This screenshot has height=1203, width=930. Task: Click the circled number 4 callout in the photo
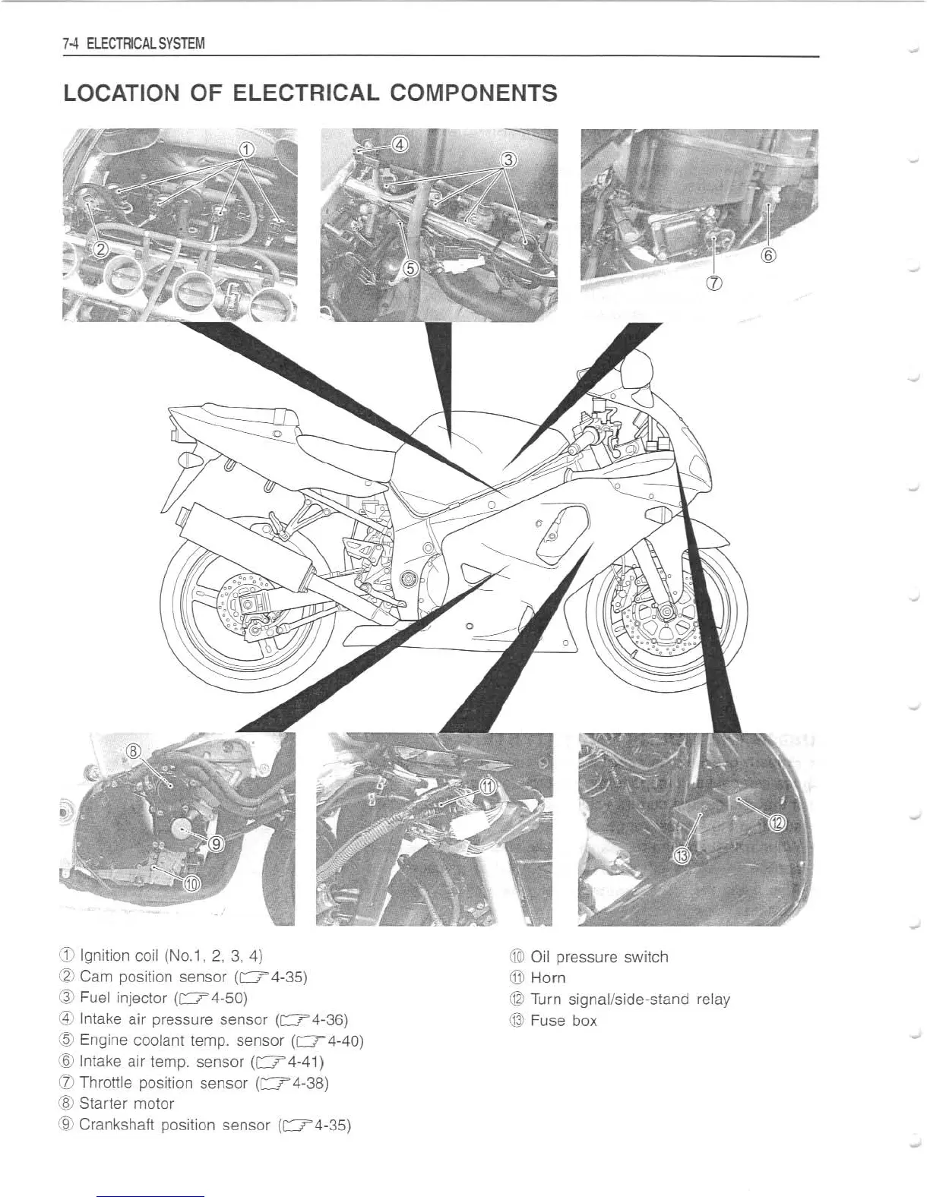click(400, 144)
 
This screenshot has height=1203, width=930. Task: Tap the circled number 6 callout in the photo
click(769, 255)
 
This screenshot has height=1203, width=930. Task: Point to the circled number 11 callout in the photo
click(487, 786)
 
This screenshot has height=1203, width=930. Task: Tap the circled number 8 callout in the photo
click(134, 752)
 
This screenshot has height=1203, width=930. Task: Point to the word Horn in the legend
click(548, 977)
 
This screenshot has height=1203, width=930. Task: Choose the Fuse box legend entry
click(563, 1020)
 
